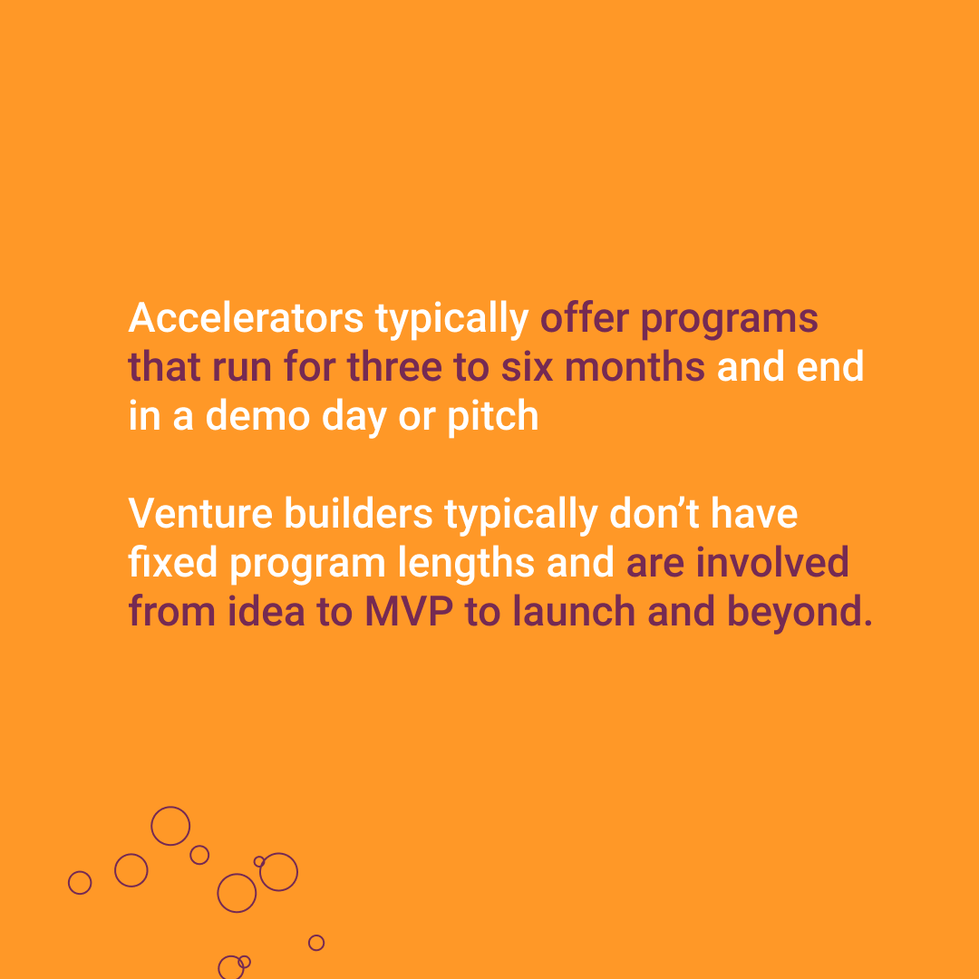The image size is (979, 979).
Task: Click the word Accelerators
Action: tap(246, 318)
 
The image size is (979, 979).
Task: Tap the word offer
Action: tap(585, 318)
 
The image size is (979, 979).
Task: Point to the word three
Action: tap(394, 366)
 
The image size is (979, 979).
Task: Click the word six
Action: tap(527, 366)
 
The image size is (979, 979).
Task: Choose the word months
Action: tap(635, 366)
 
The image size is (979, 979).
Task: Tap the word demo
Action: tap(257, 416)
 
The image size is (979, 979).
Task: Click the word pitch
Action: tap(492, 416)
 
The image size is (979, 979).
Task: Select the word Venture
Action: tap(200, 514)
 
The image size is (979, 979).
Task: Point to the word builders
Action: tap(358, 514)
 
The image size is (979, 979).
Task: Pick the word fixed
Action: tap(173, 563)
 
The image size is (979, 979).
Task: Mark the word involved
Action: tap(772, 563)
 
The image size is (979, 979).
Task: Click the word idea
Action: tap(266, 611)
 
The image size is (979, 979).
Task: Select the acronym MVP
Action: tap(409, 611)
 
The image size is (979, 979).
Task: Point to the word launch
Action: tap(574, 611)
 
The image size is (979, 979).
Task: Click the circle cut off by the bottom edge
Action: tap(218, 968)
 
